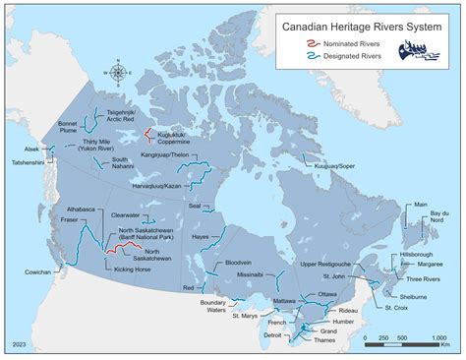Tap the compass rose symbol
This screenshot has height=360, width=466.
pos(119,70)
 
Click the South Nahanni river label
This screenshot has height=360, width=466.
pos(120,164)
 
